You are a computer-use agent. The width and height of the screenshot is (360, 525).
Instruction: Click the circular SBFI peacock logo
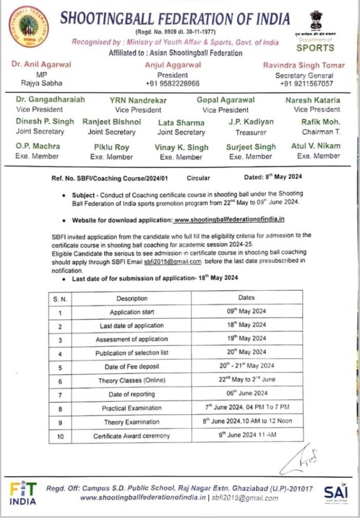pos(29,27)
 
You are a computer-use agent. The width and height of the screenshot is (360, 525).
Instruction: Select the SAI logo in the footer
pos(336,493)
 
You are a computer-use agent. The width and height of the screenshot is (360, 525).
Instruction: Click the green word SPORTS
pos(315,48)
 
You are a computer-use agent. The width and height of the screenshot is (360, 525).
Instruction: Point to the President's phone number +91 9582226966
pos(172,84)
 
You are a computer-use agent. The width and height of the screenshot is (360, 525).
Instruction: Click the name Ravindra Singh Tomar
pos(304,65)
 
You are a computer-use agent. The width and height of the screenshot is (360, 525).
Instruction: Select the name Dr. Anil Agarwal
pos(41,65)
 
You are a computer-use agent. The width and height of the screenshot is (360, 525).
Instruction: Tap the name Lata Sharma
pos(181,123)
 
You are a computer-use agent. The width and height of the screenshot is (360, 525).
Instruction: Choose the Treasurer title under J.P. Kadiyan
pos(251,132)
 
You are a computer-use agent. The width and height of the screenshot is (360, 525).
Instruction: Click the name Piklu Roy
pos(111,147)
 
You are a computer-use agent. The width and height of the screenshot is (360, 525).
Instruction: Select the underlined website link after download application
pos(229,219)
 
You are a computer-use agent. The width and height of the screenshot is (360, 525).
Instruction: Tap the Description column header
pos(132,298)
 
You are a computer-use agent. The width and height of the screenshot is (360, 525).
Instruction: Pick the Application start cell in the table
pos(132,312)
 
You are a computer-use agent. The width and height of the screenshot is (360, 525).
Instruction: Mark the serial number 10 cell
pos(60,436)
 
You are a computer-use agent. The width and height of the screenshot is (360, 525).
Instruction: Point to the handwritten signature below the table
pos(303,458)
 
